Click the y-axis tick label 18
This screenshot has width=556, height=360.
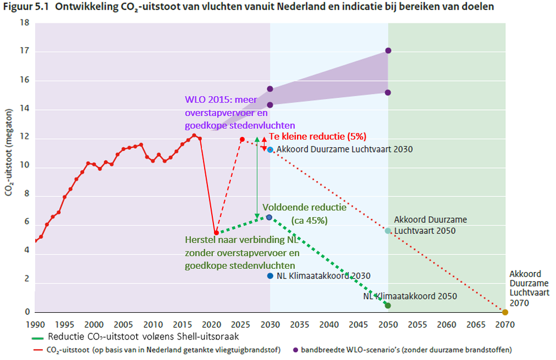click(x=24, y=23)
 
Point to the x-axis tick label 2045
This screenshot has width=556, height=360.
click(x=358, y=325)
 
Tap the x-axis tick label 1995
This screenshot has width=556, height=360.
click(x=65, y=325)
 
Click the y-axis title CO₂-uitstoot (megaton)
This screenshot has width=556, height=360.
click(x=9, y=152)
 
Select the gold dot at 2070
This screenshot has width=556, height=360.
click(x=505, y=312)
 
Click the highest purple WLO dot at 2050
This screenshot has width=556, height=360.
click(x=388, y=50)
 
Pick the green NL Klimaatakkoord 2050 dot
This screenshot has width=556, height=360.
click(x=388, y=306)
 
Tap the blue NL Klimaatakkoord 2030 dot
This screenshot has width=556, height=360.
click(x=270, y=276)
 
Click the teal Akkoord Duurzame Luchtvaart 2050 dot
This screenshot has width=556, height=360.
click(x=388, y=231)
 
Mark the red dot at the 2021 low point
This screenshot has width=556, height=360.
click(x=216, y=233)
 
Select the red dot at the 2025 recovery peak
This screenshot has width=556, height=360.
click(x=242, y=140)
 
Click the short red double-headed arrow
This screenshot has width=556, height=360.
click(x=264, y=144)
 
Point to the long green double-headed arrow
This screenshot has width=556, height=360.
click(x=257, y=178)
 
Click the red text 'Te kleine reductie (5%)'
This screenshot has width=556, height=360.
click(x=318, y=136)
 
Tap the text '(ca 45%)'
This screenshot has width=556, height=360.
click(x=309, y=220)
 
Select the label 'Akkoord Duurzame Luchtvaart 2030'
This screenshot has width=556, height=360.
click(x=345, y=149)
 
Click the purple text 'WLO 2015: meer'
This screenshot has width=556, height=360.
click(x=221, y=100)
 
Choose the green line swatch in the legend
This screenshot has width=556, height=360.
click(x=37, y=338)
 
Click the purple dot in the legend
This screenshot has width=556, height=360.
click(x=295, y=350)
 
